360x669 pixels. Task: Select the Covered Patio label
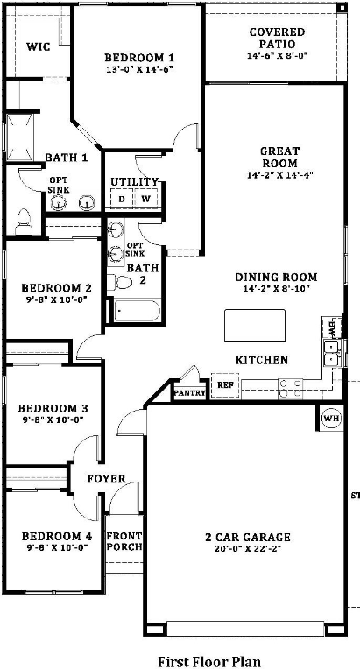277,38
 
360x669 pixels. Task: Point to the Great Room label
279,157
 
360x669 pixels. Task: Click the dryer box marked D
122,199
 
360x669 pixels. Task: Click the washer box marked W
145,199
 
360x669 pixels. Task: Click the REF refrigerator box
225,384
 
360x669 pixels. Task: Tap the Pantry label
190,393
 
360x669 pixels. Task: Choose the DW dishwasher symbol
332,330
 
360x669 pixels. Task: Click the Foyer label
106,479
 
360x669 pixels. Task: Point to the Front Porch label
124,542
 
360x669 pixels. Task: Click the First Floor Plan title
208,661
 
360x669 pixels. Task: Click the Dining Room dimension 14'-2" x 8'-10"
276,289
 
